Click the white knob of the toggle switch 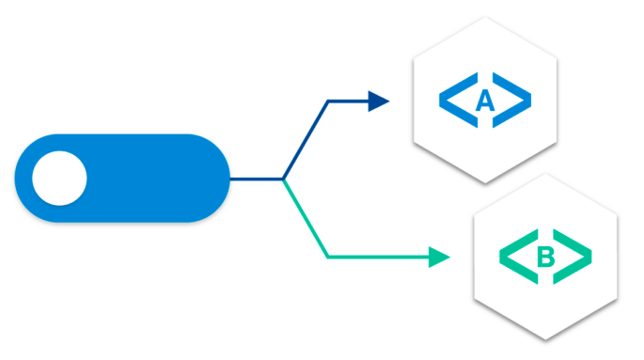(59, 179)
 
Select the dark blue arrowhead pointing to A (378, 101)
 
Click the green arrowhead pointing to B (439, 256)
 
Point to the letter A (484, 101)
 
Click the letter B (545, 256)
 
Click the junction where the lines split (283, 179)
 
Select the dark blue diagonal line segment (305, 139)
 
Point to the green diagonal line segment (305, 217)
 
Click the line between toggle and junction (256, 179)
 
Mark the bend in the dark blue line (326, 101)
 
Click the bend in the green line (326, 256)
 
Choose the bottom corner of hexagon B (546, 339)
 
